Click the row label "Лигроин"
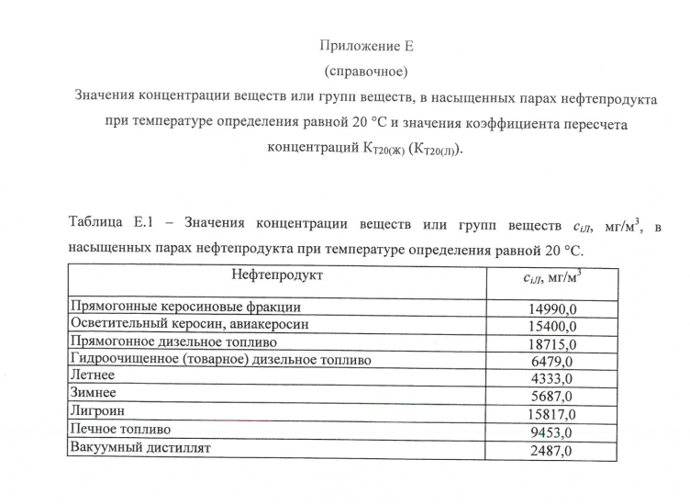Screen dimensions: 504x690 [97, 412]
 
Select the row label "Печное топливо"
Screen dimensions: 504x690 [120, 430]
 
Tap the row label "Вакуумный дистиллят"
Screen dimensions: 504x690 [140, 447]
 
